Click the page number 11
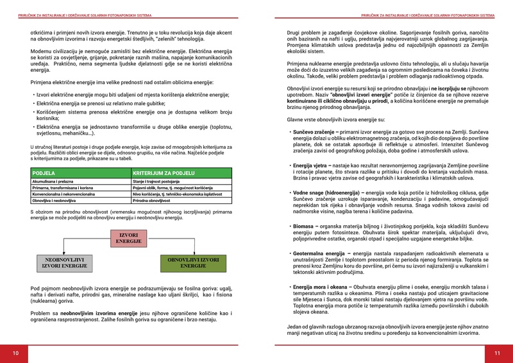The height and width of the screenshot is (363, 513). (x=497, y=353)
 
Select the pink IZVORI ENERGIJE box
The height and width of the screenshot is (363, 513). (x=129, y=238)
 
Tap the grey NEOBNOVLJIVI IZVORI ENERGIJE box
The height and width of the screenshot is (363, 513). (x=64, y=262)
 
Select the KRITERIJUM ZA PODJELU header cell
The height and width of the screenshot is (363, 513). (x=164, y=173)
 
